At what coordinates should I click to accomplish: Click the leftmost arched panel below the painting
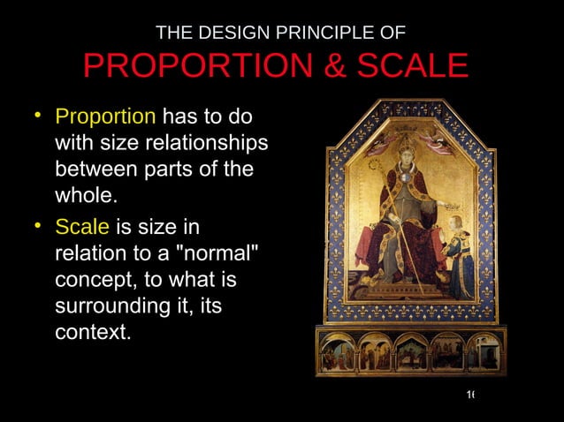(337, 352)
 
